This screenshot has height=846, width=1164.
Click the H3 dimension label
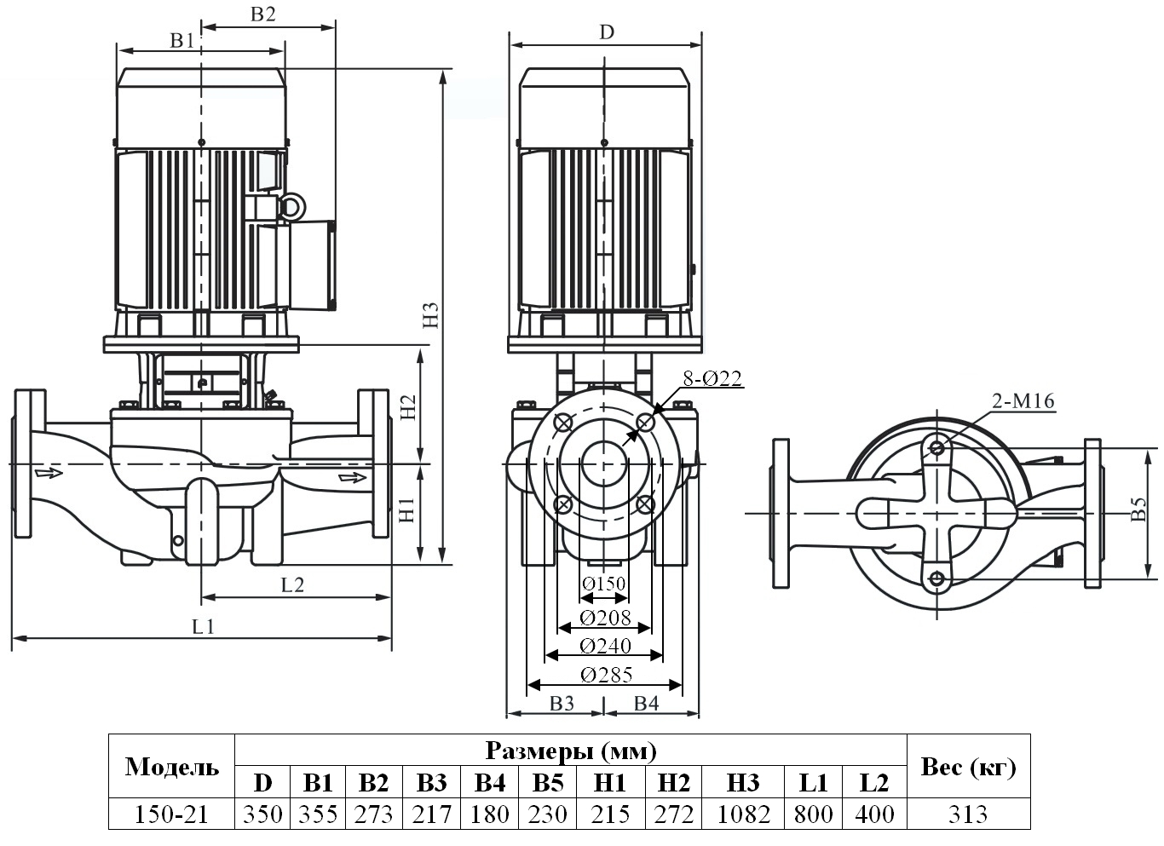point(432,314)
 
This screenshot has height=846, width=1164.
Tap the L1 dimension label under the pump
point(203,627)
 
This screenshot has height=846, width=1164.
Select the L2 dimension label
point(292,584)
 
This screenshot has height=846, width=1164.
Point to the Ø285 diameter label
point(606,676)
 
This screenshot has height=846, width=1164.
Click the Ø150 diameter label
point(603,584)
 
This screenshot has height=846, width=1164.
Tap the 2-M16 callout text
point(1023,401)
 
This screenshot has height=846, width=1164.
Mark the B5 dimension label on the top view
point(1138,513)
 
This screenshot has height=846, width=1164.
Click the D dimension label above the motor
point(606,32)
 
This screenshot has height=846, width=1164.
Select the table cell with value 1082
point(744,814)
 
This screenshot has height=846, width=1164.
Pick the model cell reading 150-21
point(171,814)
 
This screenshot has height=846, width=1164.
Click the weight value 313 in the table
point(967,814)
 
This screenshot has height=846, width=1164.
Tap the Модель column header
point(171,767)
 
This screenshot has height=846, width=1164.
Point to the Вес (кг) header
point(968,767)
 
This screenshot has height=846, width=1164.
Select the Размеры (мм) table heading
point(570,751)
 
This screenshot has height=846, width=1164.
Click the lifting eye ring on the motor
point(291,207)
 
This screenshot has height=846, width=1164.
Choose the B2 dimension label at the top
point(263,14)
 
